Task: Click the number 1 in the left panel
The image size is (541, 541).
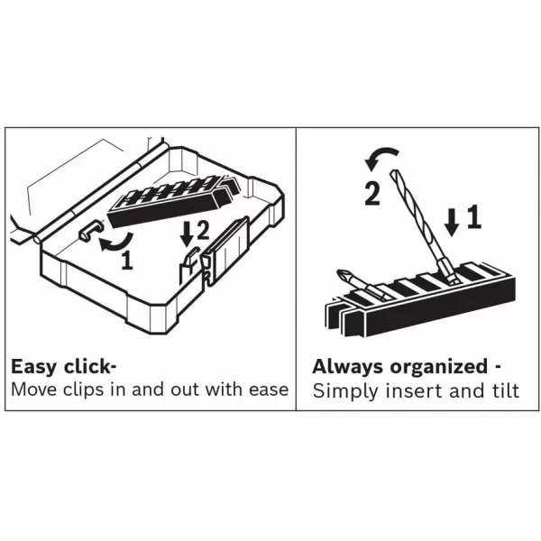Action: [127, 261]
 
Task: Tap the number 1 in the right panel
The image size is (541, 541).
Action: [472, 217]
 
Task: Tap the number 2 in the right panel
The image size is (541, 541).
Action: [371, 193]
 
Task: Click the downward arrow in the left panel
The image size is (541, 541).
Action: [187, 234]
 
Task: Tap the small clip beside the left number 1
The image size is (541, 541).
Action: [87, 233]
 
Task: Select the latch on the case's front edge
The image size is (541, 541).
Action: [206, 263]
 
